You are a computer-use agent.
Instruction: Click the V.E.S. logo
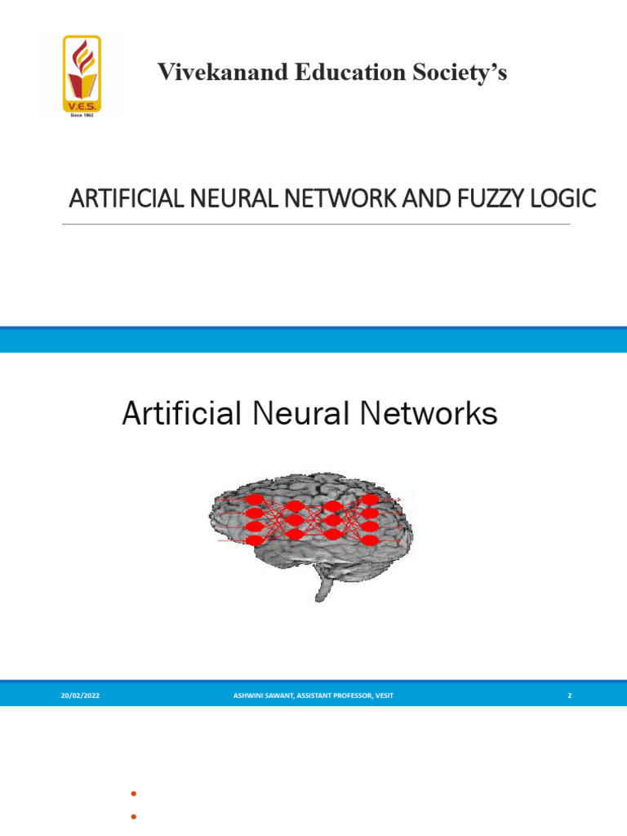pyautogui.click(x=82, y=75)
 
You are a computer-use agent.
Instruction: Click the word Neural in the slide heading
pyautogui.click(x=306, y=415)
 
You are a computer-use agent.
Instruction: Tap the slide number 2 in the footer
pyautogui.click(x=569, y=695)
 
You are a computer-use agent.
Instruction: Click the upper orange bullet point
pyautogui.click(x=131, y=794)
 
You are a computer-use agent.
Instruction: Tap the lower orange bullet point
pyautogui.click(x=131, y=816)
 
